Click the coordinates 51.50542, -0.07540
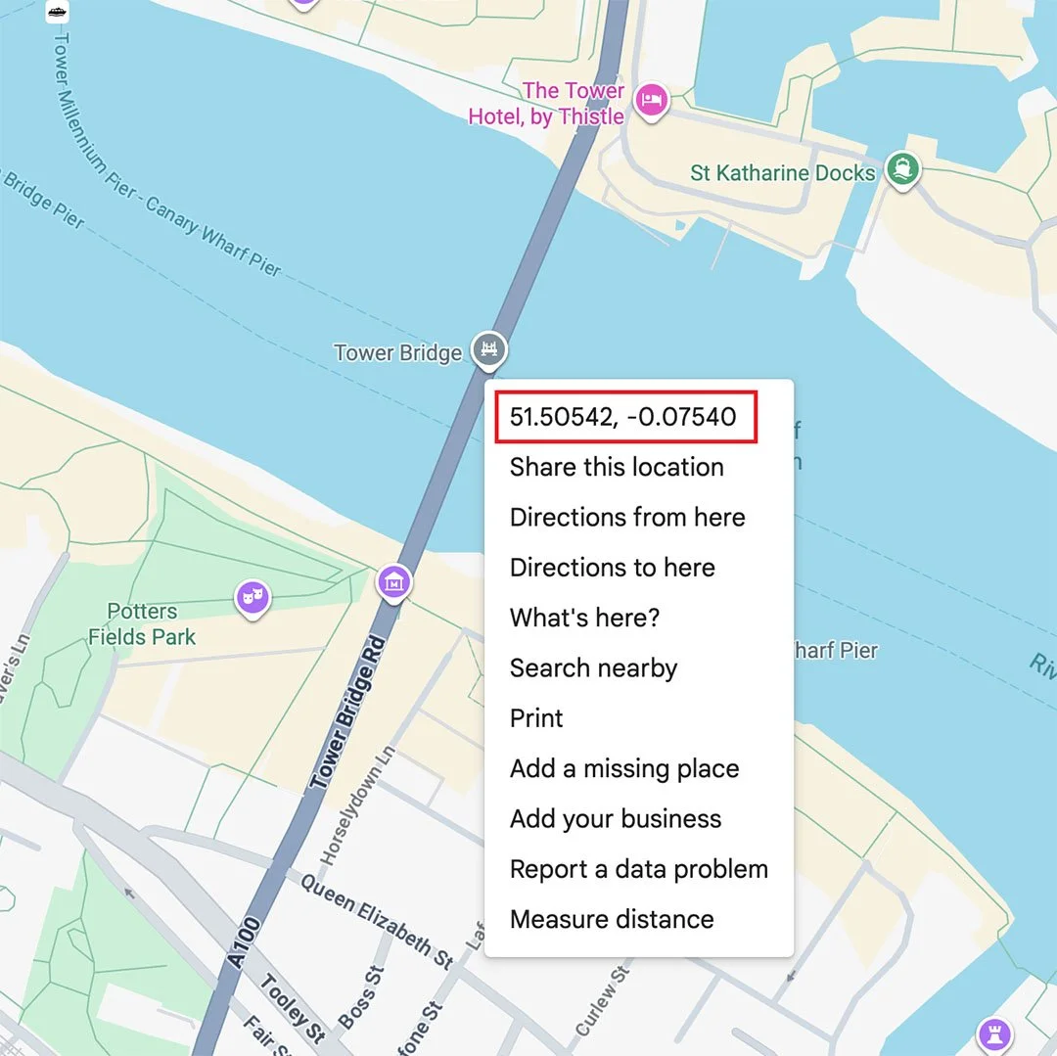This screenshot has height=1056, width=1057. coord(622,418)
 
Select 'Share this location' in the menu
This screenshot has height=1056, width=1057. coord(617,468)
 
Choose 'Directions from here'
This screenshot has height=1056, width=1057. coord(627,518)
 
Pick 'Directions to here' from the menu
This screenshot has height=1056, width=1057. coord(613,568)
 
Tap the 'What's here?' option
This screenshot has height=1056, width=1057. coord(585,619)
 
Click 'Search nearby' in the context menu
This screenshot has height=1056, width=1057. coord(593,668)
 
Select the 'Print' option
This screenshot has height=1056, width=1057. coord(536,718)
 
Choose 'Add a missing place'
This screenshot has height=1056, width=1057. coord(624,769)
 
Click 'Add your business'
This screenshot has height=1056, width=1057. coord(616,819)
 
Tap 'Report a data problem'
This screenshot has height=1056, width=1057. coord(639,869)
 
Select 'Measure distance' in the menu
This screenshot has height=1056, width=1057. coord(612,920)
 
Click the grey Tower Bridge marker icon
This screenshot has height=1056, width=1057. coord(488,348)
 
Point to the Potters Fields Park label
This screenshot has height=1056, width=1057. coord(142,624)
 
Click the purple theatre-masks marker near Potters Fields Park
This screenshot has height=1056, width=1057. coord(253,596)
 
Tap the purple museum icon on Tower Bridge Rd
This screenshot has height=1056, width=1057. coord(393,582)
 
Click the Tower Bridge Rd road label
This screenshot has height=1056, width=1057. coord(348,713)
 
